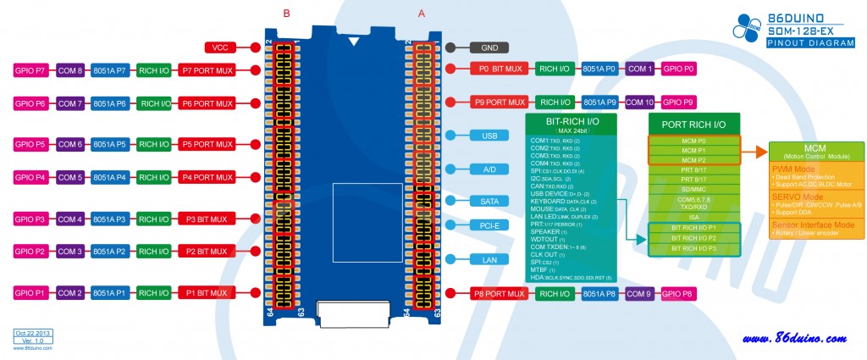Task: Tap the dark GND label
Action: [489, 47]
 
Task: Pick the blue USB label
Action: [489, 136]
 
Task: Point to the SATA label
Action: [489, 202]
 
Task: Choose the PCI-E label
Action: [489, 225]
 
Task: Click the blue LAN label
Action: [489, 259]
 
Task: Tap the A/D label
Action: [489, 169]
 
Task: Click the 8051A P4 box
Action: [109, 178]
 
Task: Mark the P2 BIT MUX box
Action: [206, 252]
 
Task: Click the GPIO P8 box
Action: [677, 294]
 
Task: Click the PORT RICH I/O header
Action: [694, 124]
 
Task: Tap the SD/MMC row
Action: [694, 189]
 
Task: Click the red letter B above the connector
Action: [286, 13]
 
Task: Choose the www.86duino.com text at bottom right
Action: [793, 339]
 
